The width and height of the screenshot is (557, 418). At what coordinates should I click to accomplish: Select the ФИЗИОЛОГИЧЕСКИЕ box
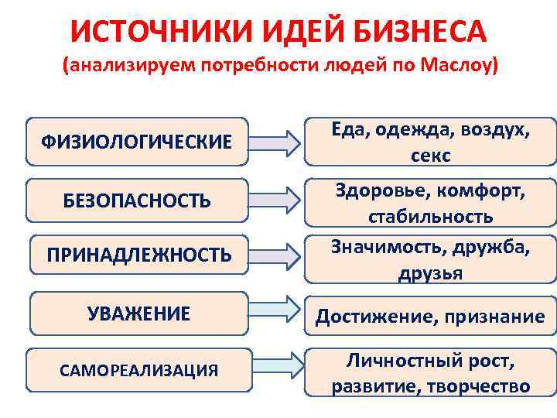click(x=136, y=142)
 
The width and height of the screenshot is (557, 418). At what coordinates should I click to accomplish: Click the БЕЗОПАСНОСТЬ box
click(x=136, y=200)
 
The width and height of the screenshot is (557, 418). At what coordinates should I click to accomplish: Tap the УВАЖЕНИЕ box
click(x=138, y=313)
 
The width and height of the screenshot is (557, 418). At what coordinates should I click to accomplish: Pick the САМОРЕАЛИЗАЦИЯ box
click(x=138, y=370)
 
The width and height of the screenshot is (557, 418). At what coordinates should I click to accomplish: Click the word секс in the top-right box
click(x=430, y=155)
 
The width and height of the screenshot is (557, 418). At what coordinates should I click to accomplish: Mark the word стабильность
click(x=430, y=215)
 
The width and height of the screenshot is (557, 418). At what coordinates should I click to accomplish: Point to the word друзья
click(x=430, y=272)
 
